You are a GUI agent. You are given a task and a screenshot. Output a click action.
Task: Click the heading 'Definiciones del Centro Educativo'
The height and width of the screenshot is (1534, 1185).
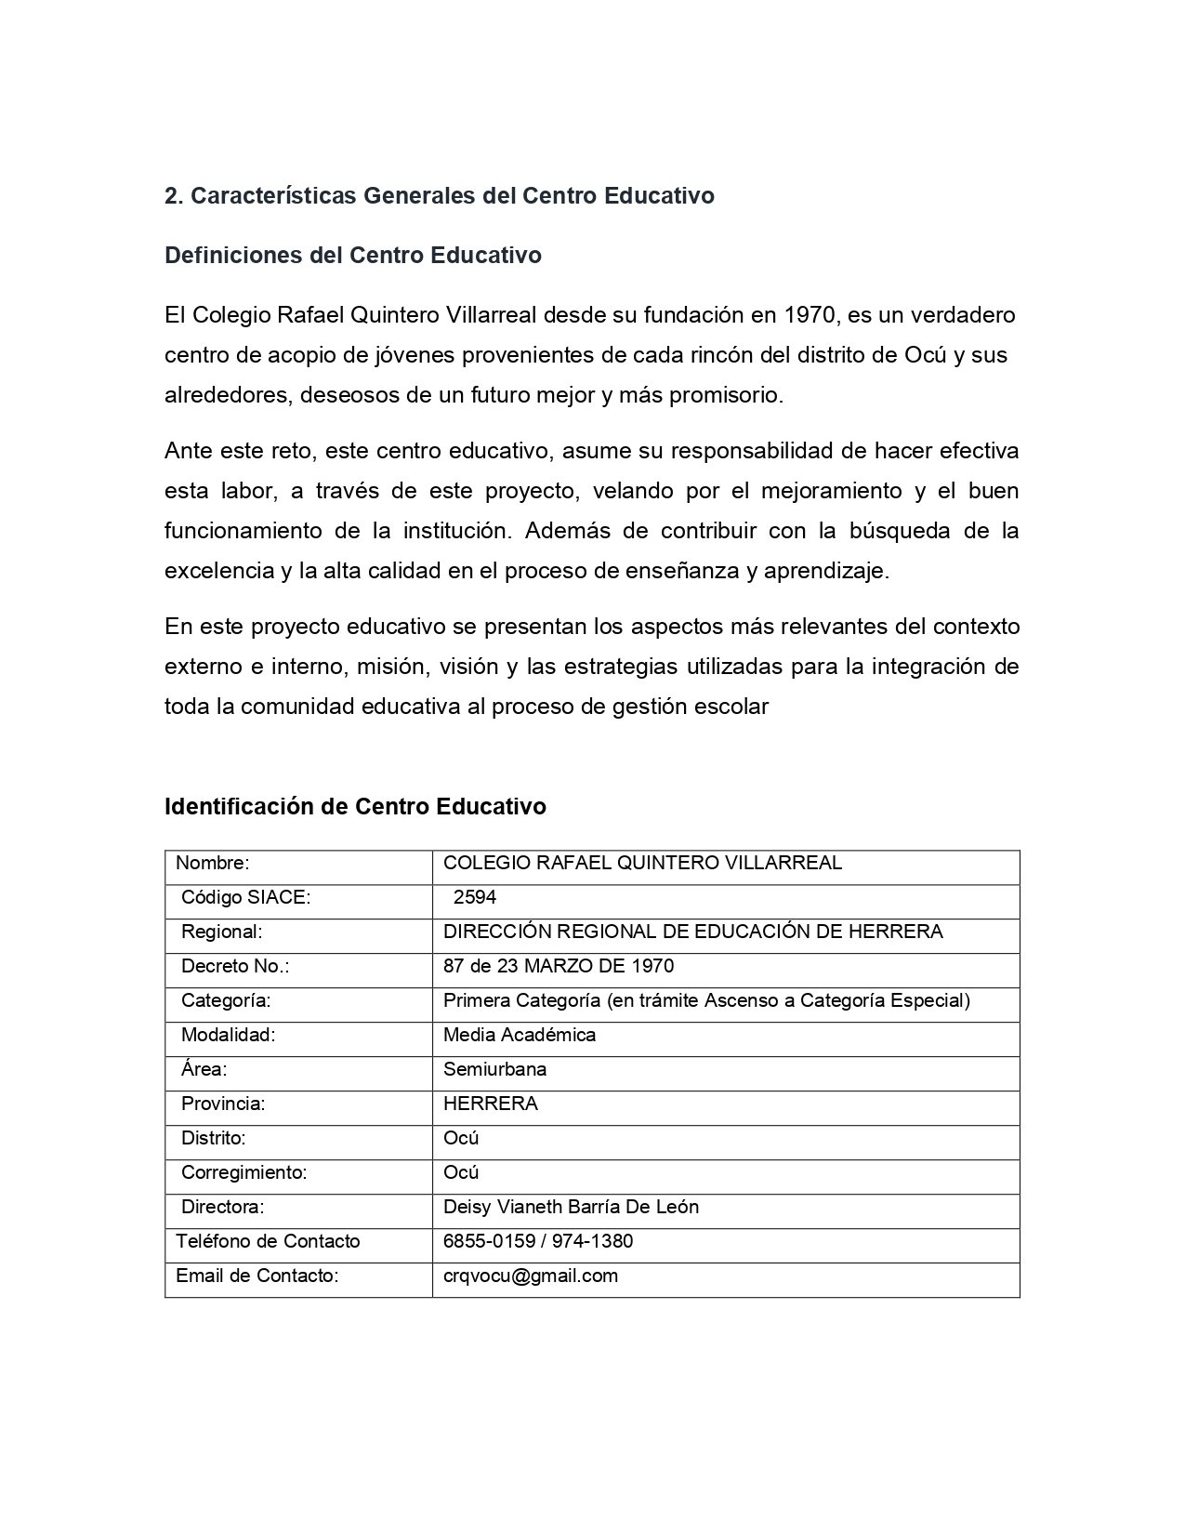click(352, 256)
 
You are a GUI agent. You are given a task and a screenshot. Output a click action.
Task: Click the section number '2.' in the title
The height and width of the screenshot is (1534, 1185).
click(174, 196)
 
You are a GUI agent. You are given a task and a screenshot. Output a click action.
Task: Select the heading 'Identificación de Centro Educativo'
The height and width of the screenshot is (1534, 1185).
click(355, 806)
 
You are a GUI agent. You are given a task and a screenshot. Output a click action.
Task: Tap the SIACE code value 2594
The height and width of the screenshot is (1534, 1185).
click(475, 897)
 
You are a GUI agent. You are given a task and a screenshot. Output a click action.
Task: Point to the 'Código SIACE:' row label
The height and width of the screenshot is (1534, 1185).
click(245, 897)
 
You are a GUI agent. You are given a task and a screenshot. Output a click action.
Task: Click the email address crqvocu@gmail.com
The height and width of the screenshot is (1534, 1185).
click(531, 1276)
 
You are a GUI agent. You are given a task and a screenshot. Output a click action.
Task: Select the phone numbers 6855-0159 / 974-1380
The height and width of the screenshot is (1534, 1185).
click(538, 1241)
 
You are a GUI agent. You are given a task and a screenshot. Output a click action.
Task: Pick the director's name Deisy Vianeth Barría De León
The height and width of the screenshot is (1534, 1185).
click(571, 1207)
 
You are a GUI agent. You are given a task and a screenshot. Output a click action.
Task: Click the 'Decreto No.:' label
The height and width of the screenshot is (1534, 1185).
click(235, 966)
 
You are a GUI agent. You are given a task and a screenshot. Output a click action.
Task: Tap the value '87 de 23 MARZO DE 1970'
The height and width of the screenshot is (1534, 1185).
click(559, 966)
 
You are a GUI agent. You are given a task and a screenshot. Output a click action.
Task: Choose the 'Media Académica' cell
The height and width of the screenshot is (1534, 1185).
click(520, 1035)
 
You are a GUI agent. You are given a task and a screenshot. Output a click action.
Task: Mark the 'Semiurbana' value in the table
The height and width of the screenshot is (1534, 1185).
click(494, 1069)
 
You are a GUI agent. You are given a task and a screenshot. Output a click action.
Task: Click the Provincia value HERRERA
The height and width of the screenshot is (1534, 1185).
click(490, 1104)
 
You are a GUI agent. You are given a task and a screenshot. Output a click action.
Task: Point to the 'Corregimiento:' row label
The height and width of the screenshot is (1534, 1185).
click(244, 1172)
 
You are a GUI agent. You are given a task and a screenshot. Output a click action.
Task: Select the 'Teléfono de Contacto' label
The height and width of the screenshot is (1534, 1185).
click(268, 1241)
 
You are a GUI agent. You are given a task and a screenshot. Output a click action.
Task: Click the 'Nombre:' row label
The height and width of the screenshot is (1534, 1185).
click(213, 863)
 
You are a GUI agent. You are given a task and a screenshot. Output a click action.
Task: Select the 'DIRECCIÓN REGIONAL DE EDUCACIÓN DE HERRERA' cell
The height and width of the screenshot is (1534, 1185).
click(692, 932)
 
